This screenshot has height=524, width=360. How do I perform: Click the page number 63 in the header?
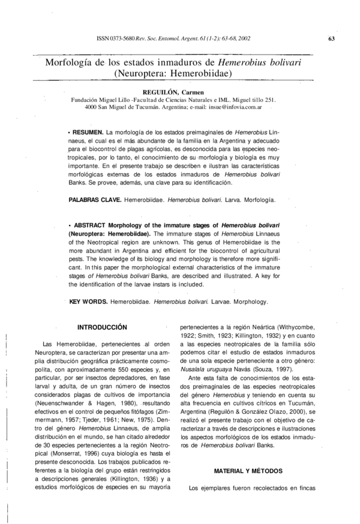tap(331, 39)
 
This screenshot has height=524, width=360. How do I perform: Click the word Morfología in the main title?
tap(74, 62)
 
